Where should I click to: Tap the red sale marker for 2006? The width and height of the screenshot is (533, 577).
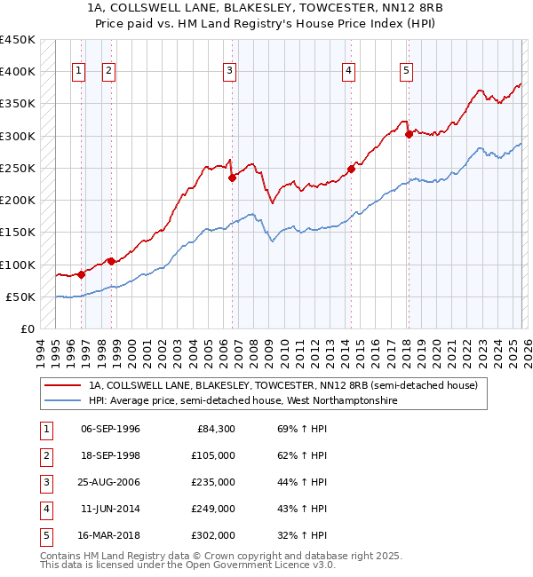coord(232,178)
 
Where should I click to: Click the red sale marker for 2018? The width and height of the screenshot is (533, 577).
coord(409,134)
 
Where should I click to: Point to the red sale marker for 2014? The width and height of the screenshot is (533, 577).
coord(352,169)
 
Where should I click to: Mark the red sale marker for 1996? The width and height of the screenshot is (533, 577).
coord(81,274)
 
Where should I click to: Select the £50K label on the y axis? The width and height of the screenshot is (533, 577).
coord(20,296)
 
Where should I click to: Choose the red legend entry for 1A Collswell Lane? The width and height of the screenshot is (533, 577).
coord(283,385)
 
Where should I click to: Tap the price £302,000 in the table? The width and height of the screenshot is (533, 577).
coord(213,535)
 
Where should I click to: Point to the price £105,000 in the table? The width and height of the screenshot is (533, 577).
coord(213,455)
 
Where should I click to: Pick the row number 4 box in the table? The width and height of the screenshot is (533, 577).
coord(44,509)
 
